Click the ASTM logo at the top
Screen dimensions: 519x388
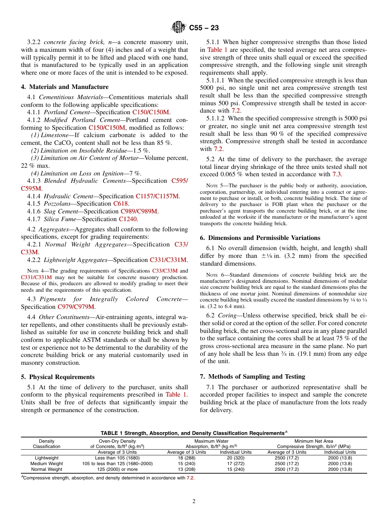click(178, 28)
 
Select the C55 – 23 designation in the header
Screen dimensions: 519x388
click(204, 28)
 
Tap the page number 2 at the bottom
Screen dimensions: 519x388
click(194, 501)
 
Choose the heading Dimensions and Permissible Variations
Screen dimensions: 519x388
click(264, 238)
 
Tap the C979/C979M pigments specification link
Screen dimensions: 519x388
click(76, 307)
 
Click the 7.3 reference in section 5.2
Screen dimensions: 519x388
click(336, 174)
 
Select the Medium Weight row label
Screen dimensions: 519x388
click(47, 464)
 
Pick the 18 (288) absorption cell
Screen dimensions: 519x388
click(187, 458)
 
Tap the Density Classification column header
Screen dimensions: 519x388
click(47, 444)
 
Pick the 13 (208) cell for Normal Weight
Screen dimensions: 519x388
click(187, 469)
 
